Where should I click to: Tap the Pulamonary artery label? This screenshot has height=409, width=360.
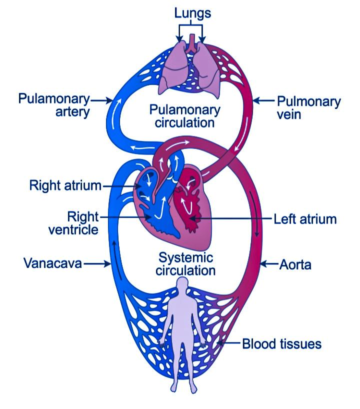pos(54,104)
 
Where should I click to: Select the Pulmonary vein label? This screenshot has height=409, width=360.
pos(308,108)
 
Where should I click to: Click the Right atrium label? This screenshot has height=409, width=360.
pos(65,186)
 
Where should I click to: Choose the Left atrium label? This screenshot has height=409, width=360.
pos(305,219)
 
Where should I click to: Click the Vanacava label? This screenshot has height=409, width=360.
pos(52,263)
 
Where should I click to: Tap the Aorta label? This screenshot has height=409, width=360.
pos(295,264)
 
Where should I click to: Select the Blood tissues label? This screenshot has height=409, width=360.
pos(281,344)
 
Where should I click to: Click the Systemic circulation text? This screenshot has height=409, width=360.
pos(186,264)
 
